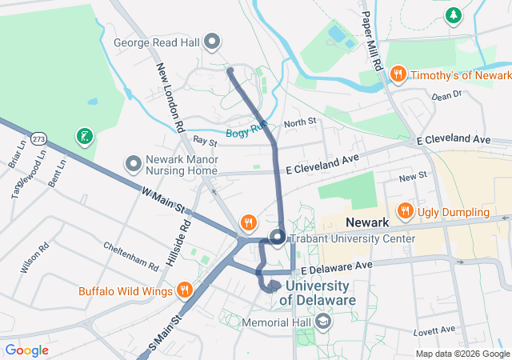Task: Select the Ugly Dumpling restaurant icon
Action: coord(406,212)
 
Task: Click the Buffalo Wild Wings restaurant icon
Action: coord(185,290)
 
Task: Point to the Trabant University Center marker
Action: coord(278,238)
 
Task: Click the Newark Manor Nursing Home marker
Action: coord(134,164)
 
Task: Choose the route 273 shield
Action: coord(38,139)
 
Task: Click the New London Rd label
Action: coord(170,98)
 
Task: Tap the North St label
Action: coord(300,122)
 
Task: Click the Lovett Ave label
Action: coord(434,330)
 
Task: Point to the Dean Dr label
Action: coord(446,95)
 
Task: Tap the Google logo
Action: coord(26,350)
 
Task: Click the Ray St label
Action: coord(205,141)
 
